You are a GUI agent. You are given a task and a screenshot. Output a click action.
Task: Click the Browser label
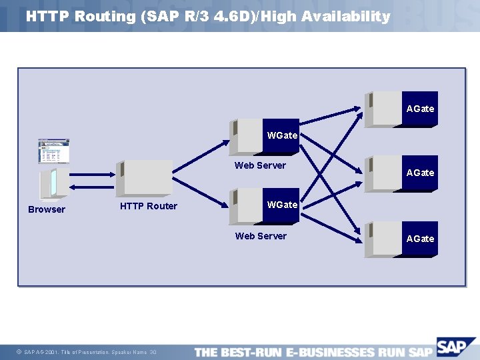tap(47, 209)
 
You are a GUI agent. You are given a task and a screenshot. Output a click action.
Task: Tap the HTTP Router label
tap(148, 206)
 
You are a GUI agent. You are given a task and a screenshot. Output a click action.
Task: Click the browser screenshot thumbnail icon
tap(53, 151)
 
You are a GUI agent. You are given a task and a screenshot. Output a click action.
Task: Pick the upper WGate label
tap(282, 135)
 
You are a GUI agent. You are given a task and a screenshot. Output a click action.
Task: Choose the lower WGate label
tap(282, 205)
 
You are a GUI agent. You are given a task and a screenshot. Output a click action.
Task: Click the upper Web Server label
tap(260, 165)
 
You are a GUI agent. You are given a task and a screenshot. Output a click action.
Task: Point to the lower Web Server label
tap(261, 236)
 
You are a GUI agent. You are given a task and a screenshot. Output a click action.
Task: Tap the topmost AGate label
tap(420, 109)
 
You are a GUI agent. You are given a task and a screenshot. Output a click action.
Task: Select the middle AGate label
tap(420, 173)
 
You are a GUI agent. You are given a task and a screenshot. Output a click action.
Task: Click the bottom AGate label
tap(420, 239)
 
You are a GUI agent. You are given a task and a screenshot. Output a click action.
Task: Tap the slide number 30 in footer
tap(153, 352)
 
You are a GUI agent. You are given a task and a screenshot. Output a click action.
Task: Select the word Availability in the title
tap(346, 17)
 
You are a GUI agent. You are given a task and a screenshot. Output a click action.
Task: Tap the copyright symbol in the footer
tap(19, 352)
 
